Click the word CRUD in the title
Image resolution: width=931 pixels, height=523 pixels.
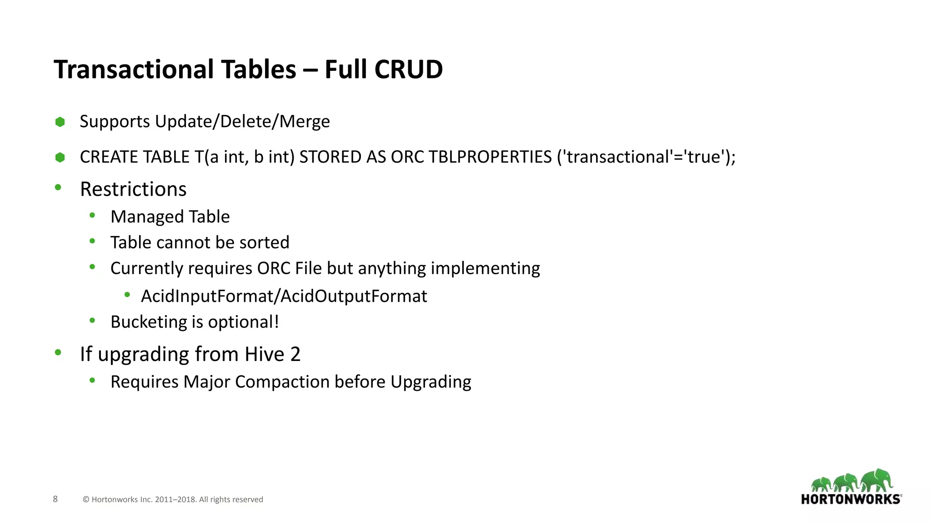coord(408,69)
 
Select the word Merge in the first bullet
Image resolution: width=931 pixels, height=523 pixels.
coord(304,122)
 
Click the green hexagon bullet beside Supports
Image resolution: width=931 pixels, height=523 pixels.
coord(60,122)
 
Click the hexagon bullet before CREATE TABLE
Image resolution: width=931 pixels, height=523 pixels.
coord(60,158)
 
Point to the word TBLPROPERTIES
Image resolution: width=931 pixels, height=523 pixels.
coord(490,157)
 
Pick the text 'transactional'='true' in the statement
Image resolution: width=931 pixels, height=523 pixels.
coord(642,157)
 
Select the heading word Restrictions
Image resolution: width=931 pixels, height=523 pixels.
coord(133,189)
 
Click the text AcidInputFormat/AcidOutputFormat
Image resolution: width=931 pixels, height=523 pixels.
coord(284,296)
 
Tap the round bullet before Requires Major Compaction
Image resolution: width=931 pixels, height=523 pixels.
coord(92,380)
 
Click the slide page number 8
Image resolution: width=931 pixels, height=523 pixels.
coord(55,499)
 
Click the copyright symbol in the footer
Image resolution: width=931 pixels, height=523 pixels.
coord(86,500)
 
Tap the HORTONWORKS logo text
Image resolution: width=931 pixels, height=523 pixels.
coord(851,499)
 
